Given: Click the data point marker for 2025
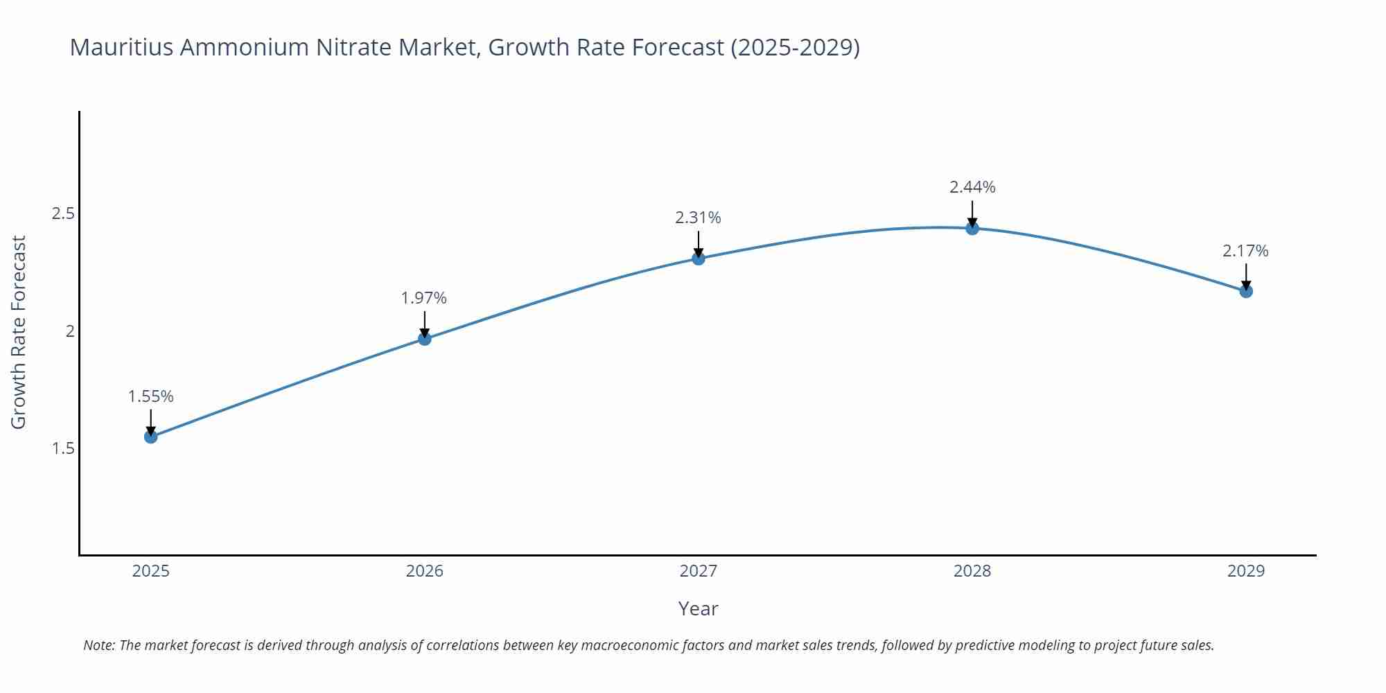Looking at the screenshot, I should (x=150, y=437).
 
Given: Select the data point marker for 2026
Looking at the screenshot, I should (x=425, y=339).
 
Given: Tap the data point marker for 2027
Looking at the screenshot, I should (x=699, y=258).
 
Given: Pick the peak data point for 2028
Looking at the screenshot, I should (x=972, y=228).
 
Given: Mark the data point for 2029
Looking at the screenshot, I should (x=1246, y=291).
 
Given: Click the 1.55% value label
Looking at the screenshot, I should (x=150, y=396).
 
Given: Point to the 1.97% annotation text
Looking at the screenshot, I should (x=424, y=298).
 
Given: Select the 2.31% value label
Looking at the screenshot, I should (x=699, y=218).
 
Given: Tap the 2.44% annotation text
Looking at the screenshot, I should (x=972, y=187).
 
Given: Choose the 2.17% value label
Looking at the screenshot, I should (x=1245, y=251).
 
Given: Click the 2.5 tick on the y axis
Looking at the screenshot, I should (x=63, y=213).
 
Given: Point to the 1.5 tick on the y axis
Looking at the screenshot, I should (x=63, y=448).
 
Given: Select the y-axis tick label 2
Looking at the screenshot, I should (x=69, y=331).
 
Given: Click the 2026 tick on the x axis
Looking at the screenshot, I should (x=425, y=571).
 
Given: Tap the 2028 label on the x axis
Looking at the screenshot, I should (x=972, y=571).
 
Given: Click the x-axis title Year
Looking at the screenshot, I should (x=698, y=608).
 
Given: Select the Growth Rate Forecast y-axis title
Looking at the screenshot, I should (x=19, y=332).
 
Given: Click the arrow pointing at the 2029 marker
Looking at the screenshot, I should (x=1246, y=277).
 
